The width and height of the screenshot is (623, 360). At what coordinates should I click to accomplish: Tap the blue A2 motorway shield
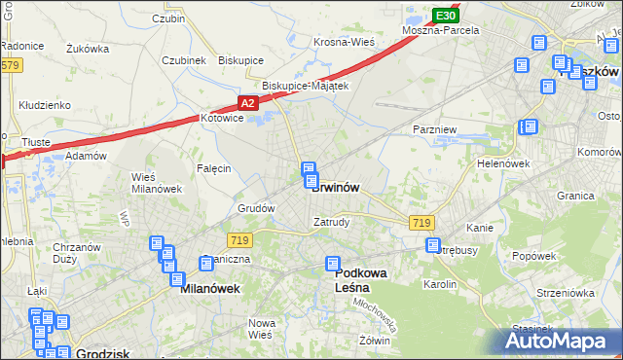click(x=248, y=103)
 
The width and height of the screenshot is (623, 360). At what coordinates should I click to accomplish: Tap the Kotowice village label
click(x=220, y=118)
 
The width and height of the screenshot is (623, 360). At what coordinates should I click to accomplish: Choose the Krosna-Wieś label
click(x=345, y=42)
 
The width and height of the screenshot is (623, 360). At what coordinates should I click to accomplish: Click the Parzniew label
click(x=434, y=128)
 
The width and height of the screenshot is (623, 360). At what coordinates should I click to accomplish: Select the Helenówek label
click(x=503, y=163)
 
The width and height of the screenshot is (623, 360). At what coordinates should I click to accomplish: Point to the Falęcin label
click(x=213, y=168)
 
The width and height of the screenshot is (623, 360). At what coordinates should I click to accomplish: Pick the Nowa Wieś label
click(x=260, y=328)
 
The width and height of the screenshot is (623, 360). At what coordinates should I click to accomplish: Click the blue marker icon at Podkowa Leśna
click(x=333, y=264)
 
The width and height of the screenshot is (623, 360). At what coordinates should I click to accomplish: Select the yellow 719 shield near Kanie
click(x=421, y=223)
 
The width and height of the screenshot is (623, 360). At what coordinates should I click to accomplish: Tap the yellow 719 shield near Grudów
click(x=239, y=239)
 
